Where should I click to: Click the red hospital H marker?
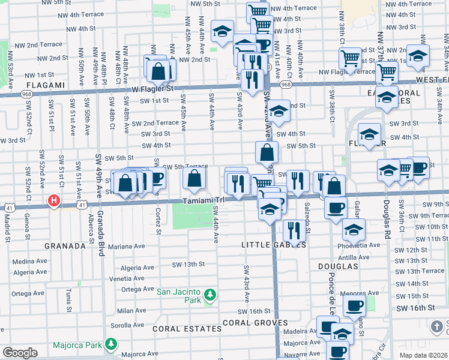(x=54, y=200)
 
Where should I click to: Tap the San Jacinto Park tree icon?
(x=209, y=295)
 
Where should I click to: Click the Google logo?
(x=20, y=353)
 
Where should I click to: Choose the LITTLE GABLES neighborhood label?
(x=274, y=245)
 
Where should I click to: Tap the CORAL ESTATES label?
(x=187, y=329)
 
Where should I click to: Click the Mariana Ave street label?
(x=127, y=246)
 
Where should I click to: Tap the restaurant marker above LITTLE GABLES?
(x=293, y=230)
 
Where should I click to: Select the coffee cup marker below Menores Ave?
(x=354, y=305)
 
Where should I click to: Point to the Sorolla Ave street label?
(x=127, y=325)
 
